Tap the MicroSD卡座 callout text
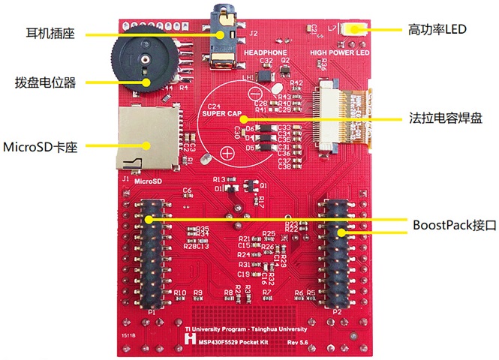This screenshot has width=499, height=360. click(41, 144)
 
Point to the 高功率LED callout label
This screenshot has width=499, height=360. click(437, 30)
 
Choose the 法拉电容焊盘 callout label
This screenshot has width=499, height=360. click(446, 118)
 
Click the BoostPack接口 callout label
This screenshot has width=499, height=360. click(444, 223)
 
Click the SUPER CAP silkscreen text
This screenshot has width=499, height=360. click(221, 114)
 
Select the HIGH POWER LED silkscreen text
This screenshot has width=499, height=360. click(340, 53)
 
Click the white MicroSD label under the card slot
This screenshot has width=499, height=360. click(147, 181)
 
